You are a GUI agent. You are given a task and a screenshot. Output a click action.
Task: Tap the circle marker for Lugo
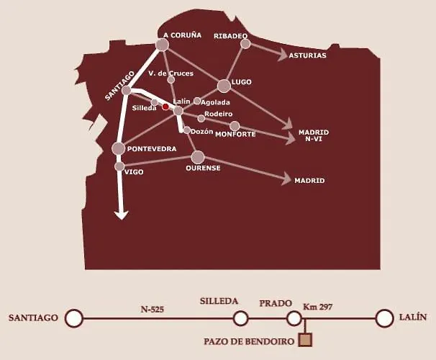point(224,86)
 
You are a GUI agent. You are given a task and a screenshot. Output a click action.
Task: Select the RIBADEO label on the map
point(231,36)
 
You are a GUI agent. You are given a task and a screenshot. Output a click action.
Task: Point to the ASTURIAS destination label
point(307,55)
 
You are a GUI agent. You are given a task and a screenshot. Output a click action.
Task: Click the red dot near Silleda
point(165,107)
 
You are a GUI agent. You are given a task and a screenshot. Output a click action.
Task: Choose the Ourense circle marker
point(198,157)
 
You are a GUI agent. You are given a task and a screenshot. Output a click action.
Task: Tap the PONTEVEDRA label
point(152,149)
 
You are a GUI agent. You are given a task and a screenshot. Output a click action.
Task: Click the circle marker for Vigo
point(119,166)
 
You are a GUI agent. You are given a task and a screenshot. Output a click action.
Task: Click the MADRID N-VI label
point(313,135)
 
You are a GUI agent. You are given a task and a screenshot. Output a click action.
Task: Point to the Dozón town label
point(202,132)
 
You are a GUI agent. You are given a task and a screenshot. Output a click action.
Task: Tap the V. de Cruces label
point(171,73)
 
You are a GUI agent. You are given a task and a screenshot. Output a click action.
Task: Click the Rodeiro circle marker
point(201,118)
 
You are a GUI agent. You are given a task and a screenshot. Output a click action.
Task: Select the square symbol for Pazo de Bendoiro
point(305,340)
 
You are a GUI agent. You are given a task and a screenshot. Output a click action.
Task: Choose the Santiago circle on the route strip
point(73,318)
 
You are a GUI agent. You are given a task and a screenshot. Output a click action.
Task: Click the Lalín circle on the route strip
point(385,318)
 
